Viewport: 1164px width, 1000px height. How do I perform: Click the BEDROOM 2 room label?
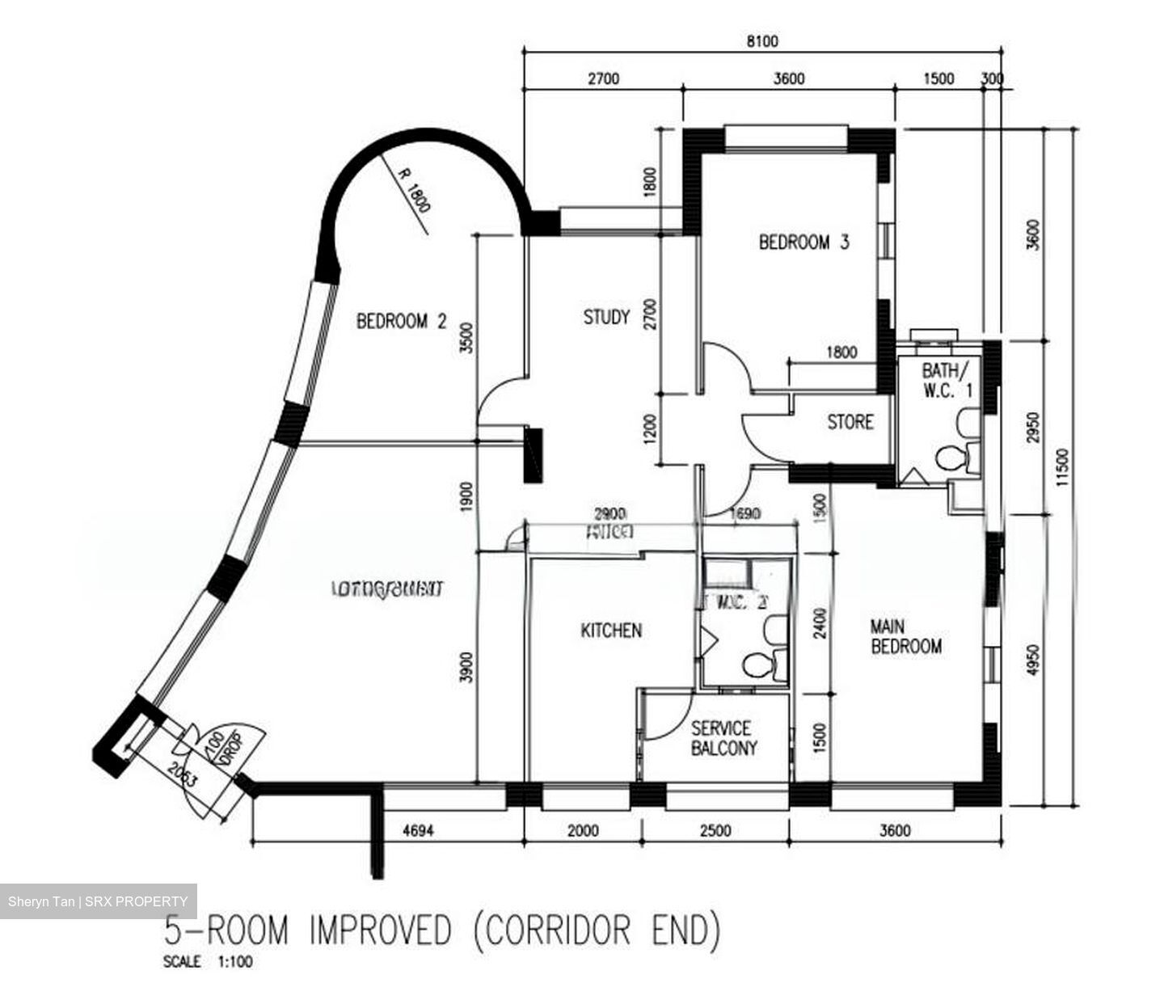pos(402,322)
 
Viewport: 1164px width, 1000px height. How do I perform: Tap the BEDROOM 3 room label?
pos(803,242)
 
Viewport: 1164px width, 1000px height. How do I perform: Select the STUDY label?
pos(606,317)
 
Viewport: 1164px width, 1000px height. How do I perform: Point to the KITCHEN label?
pos(611,630)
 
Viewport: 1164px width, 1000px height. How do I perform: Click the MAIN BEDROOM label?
pos(905,636)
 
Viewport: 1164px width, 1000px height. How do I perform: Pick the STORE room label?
pos(850,422)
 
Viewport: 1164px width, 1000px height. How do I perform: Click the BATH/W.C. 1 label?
pos(947,380)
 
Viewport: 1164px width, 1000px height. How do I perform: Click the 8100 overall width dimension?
pos(761,41)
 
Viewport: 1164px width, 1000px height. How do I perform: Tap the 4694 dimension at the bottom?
pos(419,830)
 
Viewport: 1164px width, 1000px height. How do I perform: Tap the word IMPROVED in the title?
pos(380,930)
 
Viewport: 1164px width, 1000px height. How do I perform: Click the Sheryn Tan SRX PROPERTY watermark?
pos(98,901)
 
